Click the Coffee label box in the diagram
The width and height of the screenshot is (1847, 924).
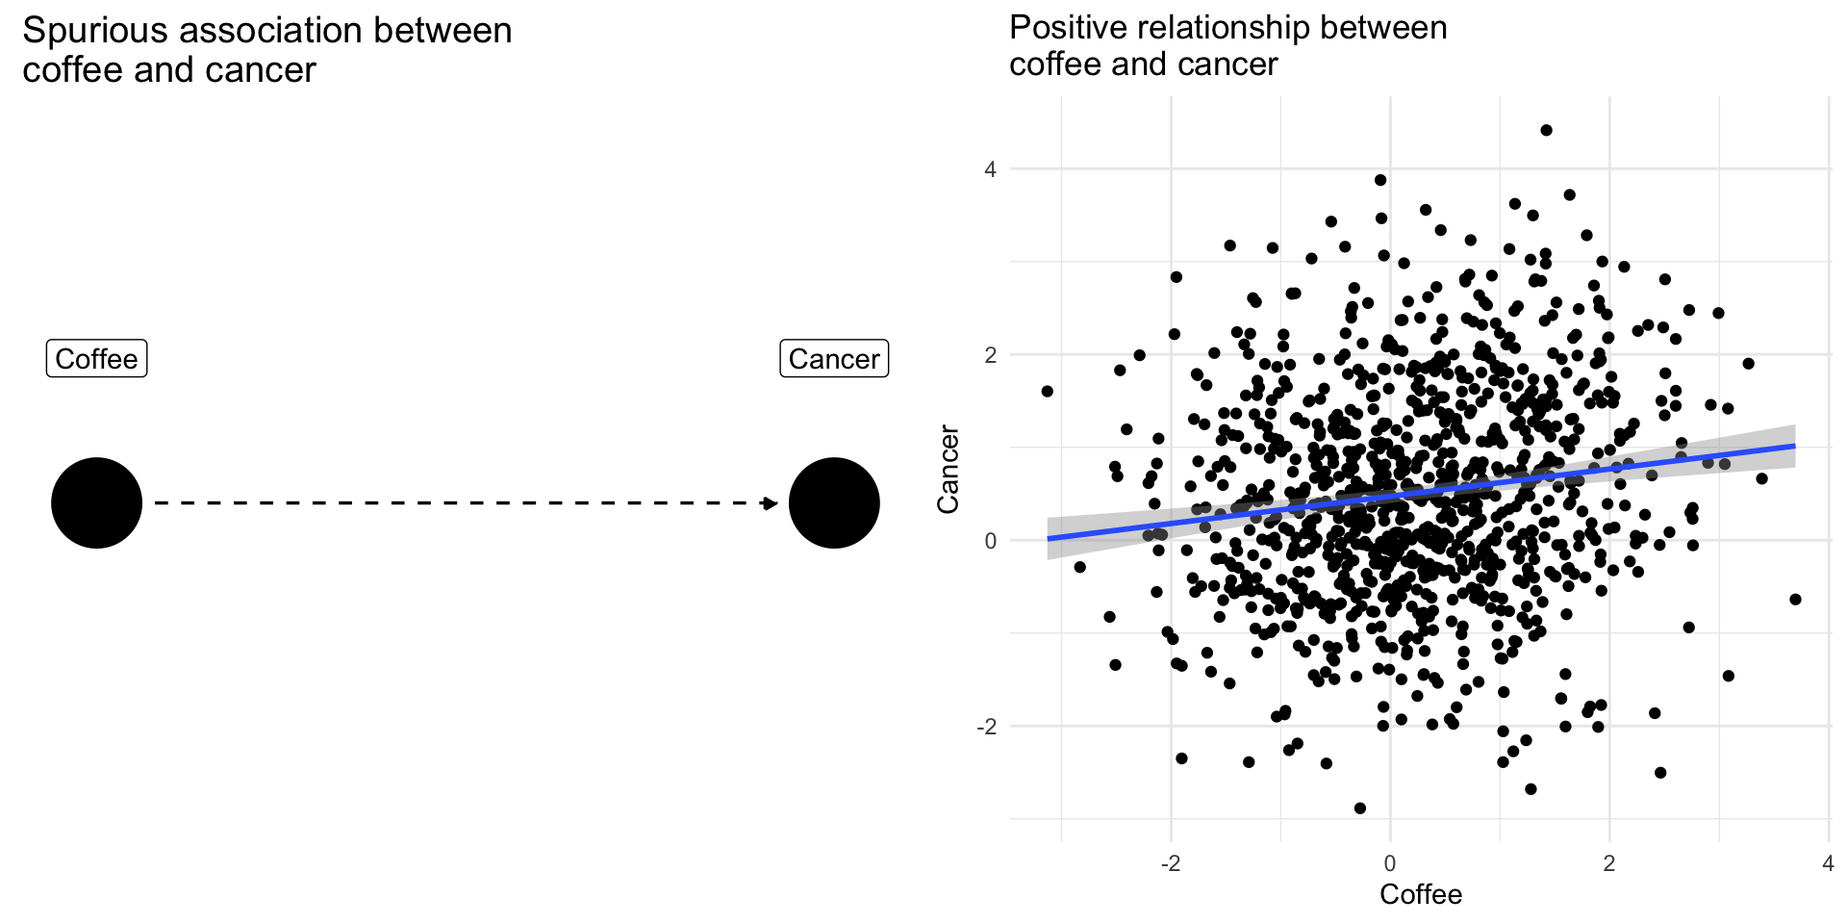[96, 359]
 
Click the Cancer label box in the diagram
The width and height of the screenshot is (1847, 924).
[834, 359]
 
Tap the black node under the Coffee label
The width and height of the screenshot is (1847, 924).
[96, 502]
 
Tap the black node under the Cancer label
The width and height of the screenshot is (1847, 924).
[834, 502]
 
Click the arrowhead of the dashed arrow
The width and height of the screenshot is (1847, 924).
[770, 502]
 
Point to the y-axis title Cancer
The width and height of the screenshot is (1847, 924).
[949, 469]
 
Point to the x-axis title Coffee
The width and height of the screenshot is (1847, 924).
[1420, 894]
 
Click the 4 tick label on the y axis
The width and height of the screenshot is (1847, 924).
[990, 169]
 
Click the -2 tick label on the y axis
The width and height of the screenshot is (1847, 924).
[986, 727]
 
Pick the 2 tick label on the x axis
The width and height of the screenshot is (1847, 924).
[1608, 863]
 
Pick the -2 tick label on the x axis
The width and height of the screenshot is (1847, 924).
[1170, 863]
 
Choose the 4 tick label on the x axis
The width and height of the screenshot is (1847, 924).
[1828, 863]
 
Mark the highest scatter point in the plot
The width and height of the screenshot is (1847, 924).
[1546, 130]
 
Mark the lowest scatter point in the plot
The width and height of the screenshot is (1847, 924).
[1359, 808]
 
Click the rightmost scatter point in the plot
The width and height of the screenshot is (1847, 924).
[1795, 600]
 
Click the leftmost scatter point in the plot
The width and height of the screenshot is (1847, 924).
[1048, 392]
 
